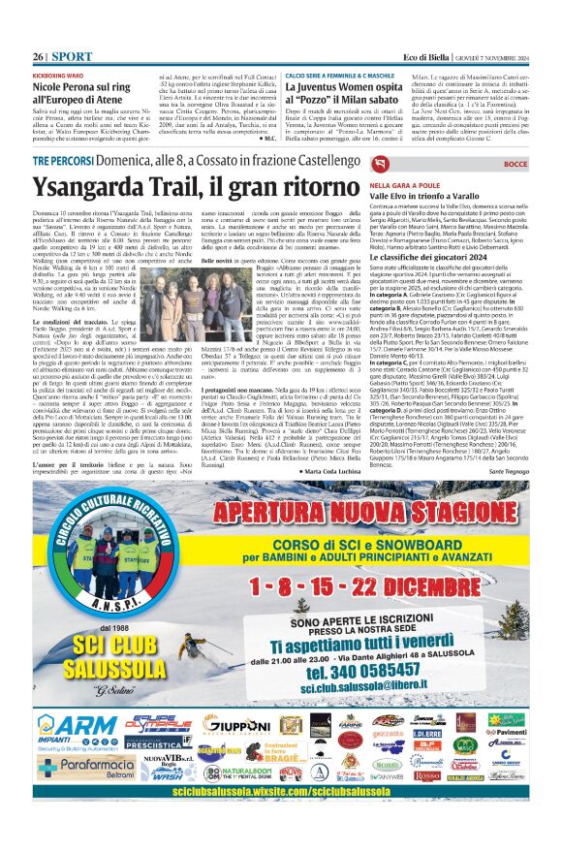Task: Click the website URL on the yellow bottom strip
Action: pyautogui.click(x=280, y=791)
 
